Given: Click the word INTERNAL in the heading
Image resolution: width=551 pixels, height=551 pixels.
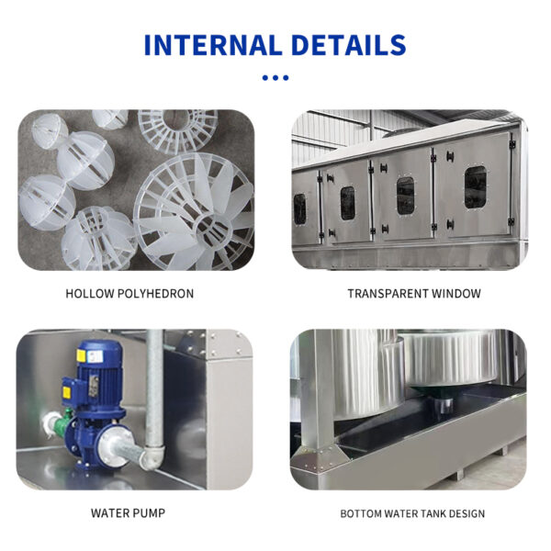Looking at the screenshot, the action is click(213, 45).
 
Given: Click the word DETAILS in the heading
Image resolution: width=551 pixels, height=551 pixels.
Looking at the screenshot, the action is click(349, 45).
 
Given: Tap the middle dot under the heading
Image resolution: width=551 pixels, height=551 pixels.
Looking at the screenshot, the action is click(275, 78).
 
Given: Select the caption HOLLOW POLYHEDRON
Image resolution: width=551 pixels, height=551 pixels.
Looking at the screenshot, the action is click(129, 294).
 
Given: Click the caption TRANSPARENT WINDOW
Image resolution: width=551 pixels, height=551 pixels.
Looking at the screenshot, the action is click(414, 294).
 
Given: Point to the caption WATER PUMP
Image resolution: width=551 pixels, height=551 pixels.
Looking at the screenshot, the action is click(128, 513).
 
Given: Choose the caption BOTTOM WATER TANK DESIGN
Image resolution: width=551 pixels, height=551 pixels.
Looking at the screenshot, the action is click(412, 513).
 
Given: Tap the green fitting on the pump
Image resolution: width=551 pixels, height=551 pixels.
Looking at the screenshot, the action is click(63, 422).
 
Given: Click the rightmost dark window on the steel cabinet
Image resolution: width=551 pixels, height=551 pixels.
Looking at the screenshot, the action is click(476, 187).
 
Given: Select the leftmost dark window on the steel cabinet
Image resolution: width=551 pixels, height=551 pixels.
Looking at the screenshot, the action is click(299, 209).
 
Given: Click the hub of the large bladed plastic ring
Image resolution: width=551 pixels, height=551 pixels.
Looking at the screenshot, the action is click(212, 229).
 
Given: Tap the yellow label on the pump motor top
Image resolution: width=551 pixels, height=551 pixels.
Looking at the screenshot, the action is click(81, 355).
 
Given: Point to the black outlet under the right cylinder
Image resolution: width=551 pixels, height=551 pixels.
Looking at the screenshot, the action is click(444, 403).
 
